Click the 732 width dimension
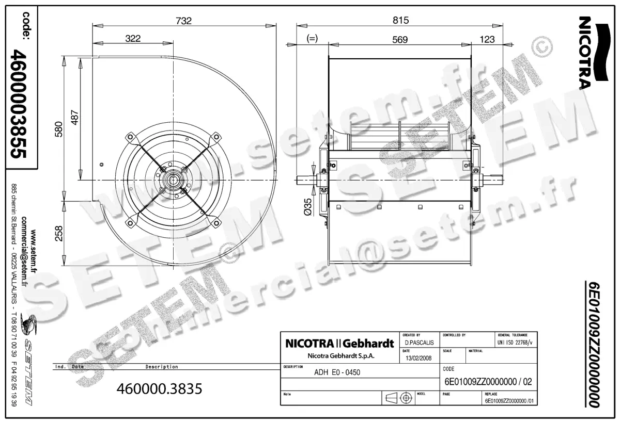184,21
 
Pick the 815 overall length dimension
400,21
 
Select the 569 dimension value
400,39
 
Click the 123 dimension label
487,39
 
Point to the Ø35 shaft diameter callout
308,207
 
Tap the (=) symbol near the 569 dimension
312,39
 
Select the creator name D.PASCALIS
419,343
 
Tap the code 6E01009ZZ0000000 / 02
488,382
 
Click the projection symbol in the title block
399,398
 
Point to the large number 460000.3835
160,388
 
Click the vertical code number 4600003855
20,104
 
